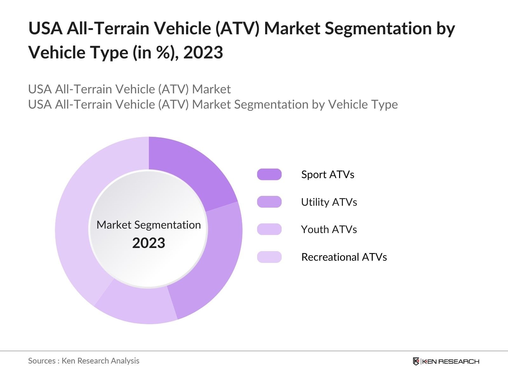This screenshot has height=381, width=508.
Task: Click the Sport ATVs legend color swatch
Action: tap(269, 174)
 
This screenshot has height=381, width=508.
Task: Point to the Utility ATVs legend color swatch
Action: tap(269, 202)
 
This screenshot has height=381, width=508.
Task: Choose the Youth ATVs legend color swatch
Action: tap(269, 229)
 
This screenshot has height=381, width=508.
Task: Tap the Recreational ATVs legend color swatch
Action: tap(269, 257)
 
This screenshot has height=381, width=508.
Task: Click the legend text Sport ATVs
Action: tap(327, 174)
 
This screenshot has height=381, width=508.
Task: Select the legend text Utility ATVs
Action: tap(329, 202)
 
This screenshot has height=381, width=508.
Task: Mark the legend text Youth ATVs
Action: tap(329, 229)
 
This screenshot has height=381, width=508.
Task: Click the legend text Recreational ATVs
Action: tap(344, 257)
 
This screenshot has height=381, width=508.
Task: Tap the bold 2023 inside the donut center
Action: tap(149, 243)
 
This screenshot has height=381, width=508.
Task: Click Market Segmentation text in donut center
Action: tap(149, 225)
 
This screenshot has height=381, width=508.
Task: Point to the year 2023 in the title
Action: tap(203, 52)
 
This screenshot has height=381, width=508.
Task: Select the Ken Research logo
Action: tap(446, 361)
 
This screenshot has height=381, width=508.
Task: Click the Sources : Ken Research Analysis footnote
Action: tap(84, 361)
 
